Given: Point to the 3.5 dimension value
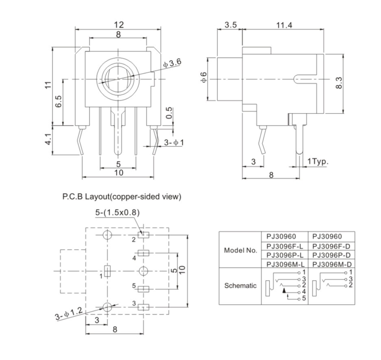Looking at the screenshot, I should pyautogui.click(x=230, y=25).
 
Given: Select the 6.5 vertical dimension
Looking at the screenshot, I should pyautogui.click(x=58, y=102).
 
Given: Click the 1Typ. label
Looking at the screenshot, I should pyautogui.click(x=317, y=161).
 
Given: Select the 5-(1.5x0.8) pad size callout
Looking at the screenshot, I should pyautogui.click(x=118, y=213).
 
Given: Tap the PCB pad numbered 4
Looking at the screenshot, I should pyautogui.click(x=144, y=253).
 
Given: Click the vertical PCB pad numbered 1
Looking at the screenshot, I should pyautogui.click(x=107, y=271).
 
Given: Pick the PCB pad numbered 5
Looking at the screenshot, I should pyautogui.click(x=144, y=289).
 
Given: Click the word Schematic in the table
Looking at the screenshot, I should pyautogui.click(x=241, y=286).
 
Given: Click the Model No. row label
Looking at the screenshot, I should pyautogui.click(x=241, y=251).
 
